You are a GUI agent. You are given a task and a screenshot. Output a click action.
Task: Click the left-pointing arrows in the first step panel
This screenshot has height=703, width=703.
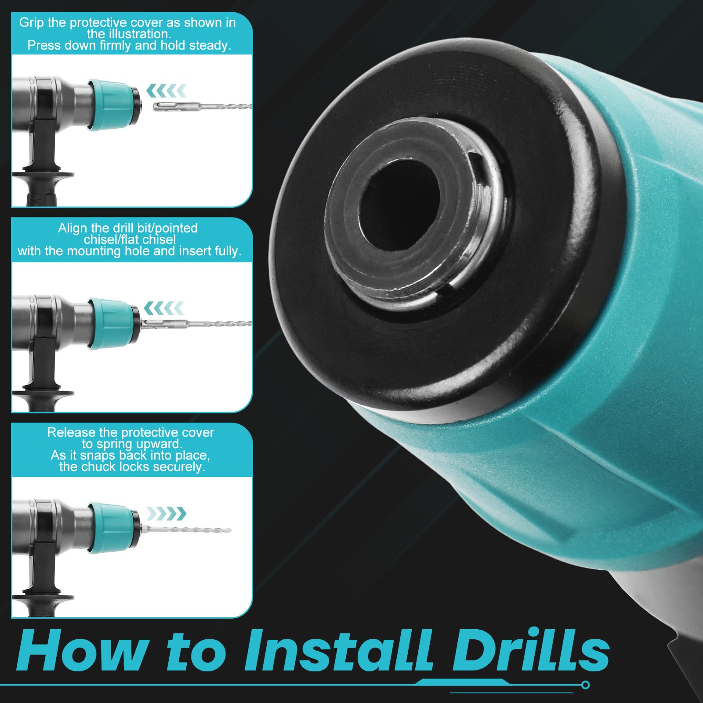click(166, 91)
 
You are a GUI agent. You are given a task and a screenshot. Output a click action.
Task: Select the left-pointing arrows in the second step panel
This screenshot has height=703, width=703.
click(164, 308)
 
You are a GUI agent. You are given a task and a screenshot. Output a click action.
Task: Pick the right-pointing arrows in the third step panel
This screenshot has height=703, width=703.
click(166, 513)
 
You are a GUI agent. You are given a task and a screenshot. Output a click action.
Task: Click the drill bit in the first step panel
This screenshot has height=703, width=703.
click(202, 106)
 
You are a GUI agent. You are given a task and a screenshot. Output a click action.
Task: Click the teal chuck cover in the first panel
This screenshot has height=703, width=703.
click(113, 105)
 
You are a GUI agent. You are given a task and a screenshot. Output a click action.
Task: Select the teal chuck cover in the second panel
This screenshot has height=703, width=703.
click(113, 323)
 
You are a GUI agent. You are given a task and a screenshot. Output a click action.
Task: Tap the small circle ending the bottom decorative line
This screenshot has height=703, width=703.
click(585, 685)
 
